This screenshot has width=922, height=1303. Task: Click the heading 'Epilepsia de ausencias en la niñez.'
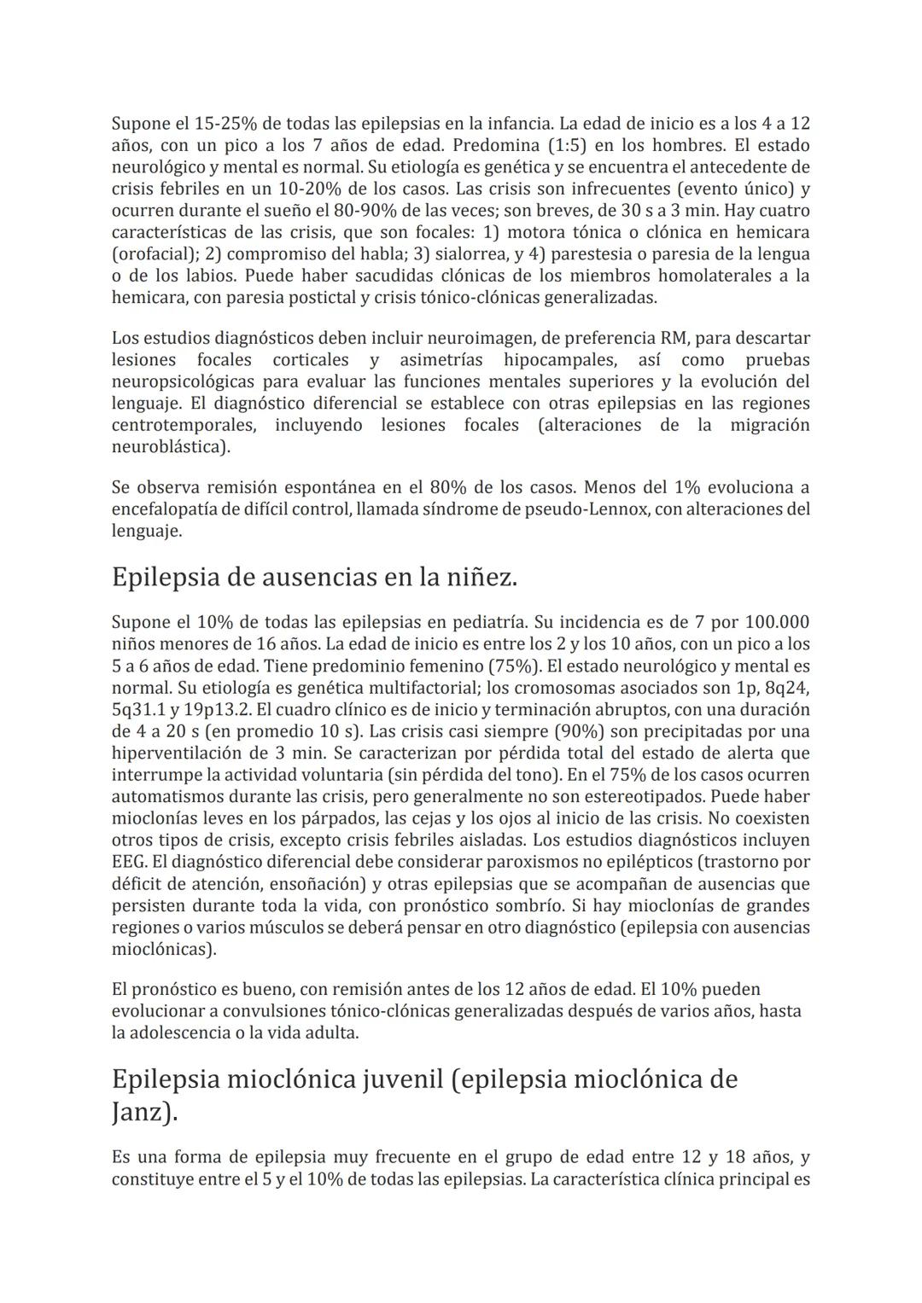(314, 578)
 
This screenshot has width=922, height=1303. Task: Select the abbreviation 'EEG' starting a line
(128, 863)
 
